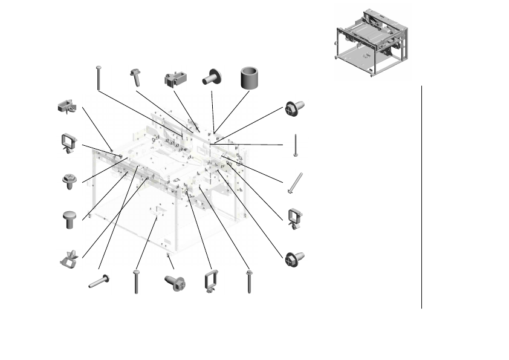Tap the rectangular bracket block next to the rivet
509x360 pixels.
pos(175,79)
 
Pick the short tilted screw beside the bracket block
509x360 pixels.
pos(134,78)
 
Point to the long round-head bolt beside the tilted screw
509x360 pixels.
pos(98,77)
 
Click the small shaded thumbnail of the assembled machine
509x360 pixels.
pos(371,41)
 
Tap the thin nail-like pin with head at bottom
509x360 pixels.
pos(295,145)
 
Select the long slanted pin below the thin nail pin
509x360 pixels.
pos(295,183)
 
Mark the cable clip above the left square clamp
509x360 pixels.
pos(67,107)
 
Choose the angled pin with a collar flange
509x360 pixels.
pos(99,281)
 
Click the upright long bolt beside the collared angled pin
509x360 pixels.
pos(137,282)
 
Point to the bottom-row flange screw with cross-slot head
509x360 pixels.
pos(175,282)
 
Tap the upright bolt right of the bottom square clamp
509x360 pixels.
pos(249,282)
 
